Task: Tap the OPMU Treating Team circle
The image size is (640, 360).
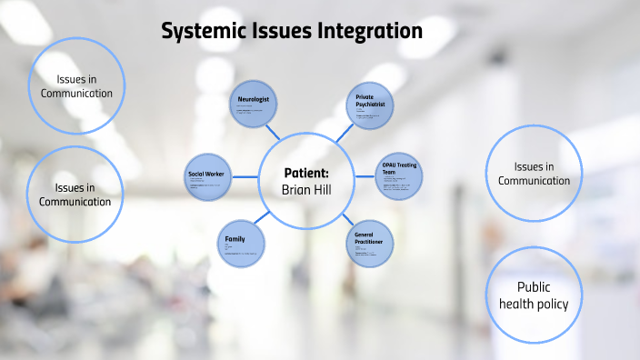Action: coord(400,175)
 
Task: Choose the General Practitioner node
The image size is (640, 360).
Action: coord(368,242)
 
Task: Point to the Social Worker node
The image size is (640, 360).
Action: coord(208,176)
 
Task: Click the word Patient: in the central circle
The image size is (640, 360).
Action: coord(305,171)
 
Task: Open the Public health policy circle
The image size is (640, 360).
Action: coord(534,295)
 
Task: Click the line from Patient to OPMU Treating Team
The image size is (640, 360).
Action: coord(364,176)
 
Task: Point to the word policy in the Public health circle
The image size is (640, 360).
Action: coord(553,304)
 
